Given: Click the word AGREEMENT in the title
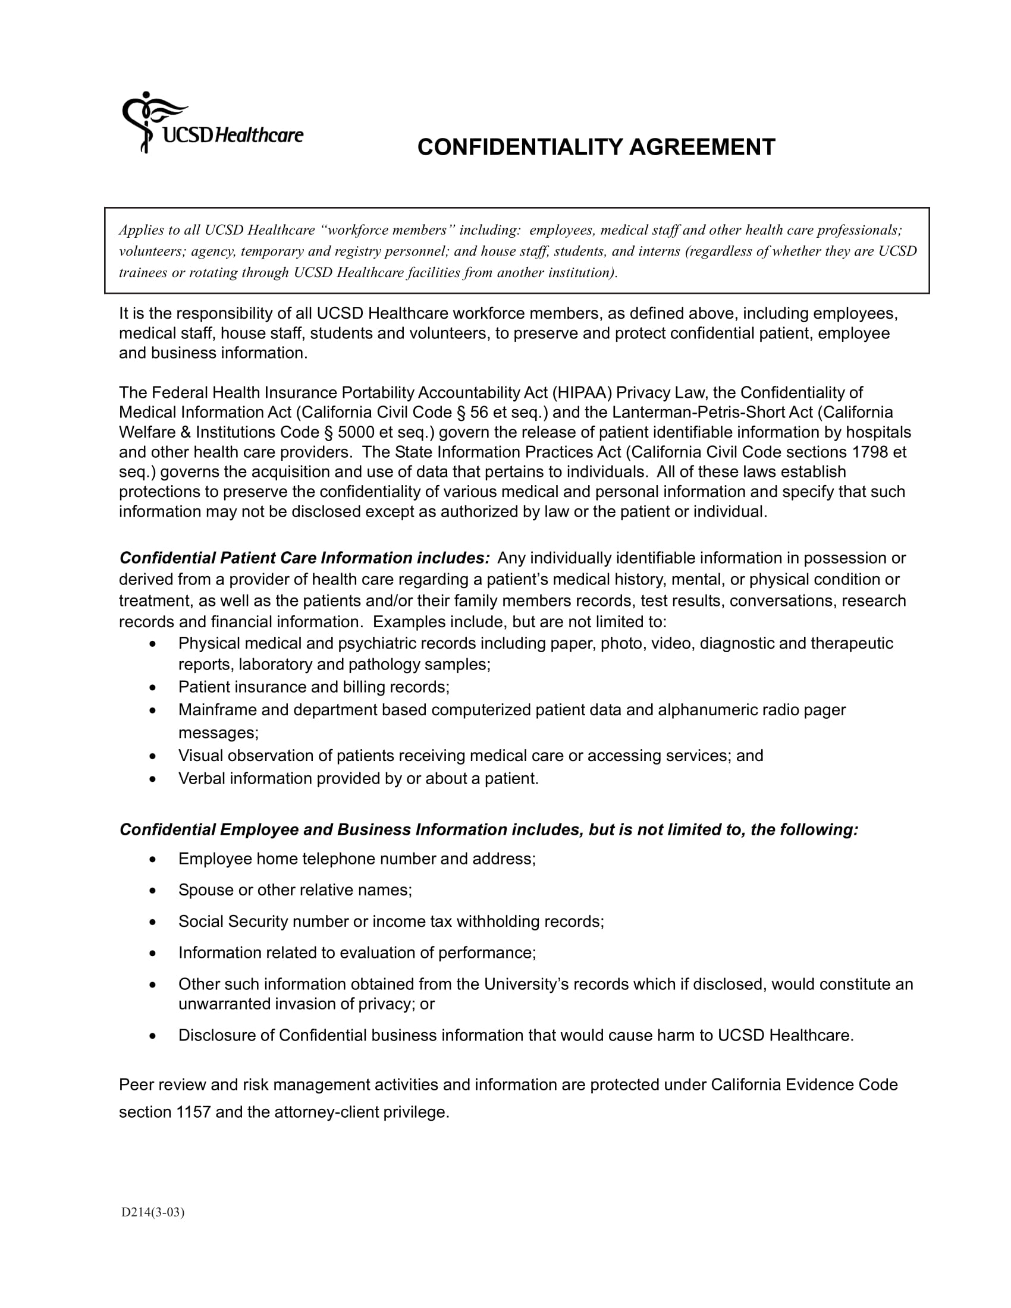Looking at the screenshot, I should click(x=701, y=147).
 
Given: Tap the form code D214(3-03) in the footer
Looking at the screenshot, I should click(x=153, y=1213).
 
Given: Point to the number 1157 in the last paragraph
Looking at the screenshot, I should click(x=193, y=1112).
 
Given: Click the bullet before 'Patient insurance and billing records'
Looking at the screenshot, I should click(x=153, y=687).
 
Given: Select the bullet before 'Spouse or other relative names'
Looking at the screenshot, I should click(x=153, y=891).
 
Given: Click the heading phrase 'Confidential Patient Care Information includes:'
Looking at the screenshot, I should click(x=305, y=558).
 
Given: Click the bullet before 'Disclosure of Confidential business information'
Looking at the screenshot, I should click(x=153, y=1036).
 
